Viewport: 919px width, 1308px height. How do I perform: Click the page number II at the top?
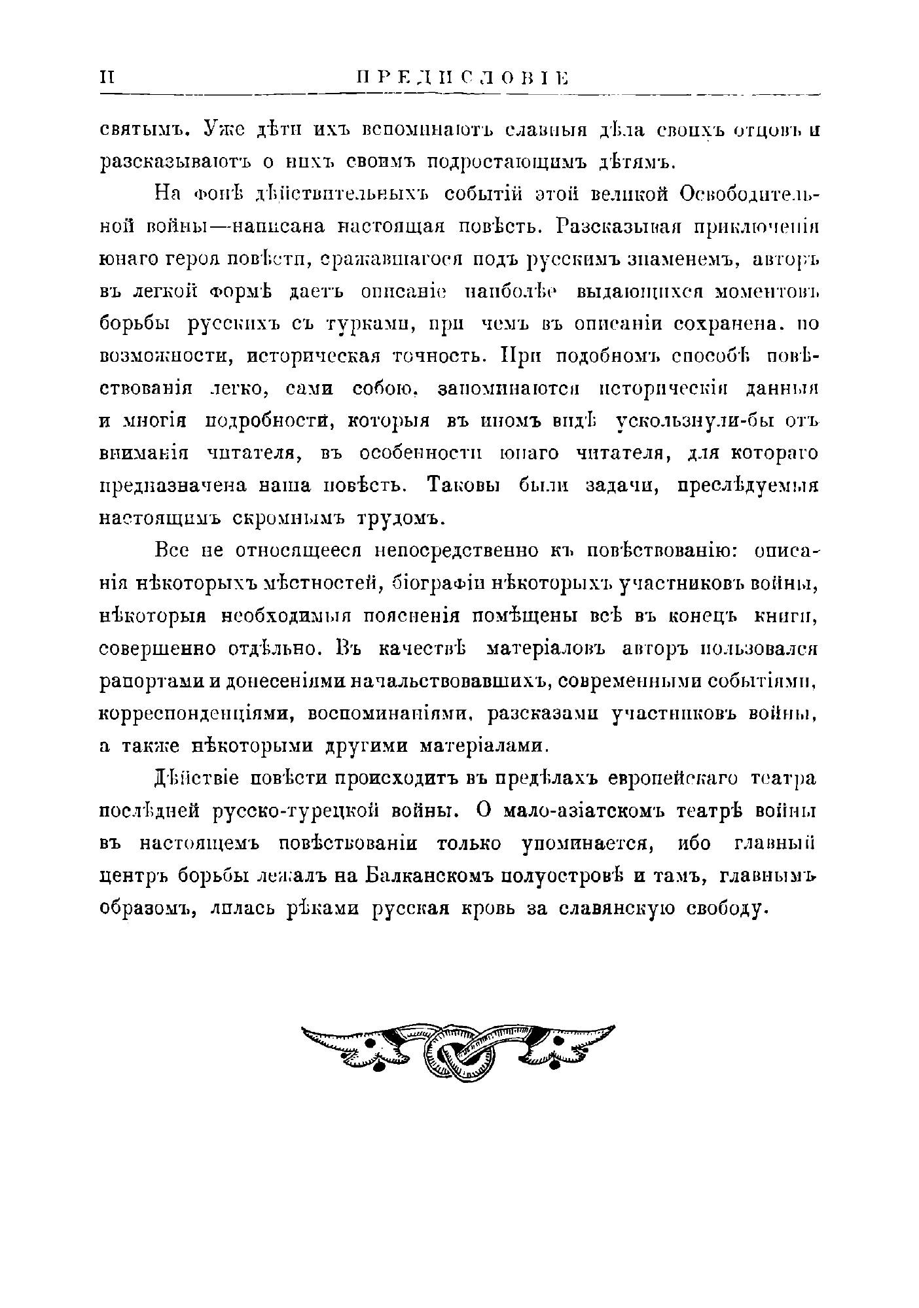pos(107,77)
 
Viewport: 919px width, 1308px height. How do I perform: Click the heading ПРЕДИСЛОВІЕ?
pos(461,78)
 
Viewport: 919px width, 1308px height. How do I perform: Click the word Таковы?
pos(463,486)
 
